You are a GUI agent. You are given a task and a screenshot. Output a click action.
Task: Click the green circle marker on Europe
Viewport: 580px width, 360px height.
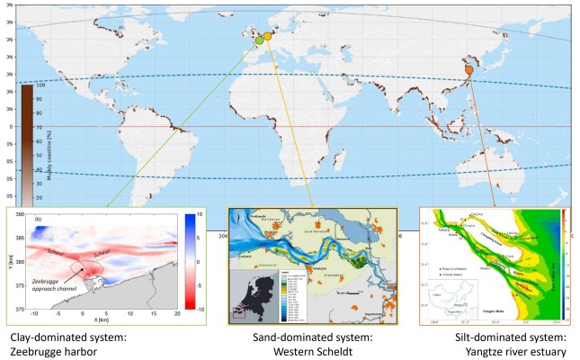pyautogui.click(x=259, y=40)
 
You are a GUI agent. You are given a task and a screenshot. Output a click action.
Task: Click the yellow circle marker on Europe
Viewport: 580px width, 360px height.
pyautogui.click(x=267, y=36)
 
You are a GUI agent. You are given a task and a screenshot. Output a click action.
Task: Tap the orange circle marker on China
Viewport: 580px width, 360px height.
pyautogui.click(x=468, y=69)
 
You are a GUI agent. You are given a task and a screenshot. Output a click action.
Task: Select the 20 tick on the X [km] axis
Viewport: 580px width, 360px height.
pyautogui.click(x=177, y=316)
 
